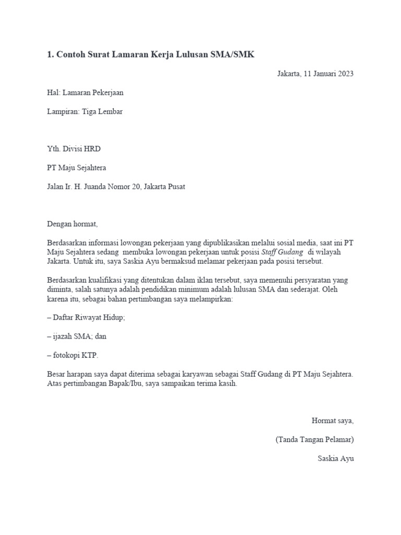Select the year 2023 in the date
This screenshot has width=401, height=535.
click(x=344, y=73)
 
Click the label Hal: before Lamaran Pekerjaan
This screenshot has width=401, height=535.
click(x=53, y=92)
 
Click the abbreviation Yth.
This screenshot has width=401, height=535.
click(x=54, y=149)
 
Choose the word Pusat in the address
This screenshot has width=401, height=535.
click(x=175, y=187)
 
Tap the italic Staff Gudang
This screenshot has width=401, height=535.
click(x=282, y=252)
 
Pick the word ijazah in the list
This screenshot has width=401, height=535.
click(x=64, y=336)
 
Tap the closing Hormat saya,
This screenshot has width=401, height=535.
click(x=333, y=420)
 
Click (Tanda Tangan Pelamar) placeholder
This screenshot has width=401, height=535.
click(x=315, y=439)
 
